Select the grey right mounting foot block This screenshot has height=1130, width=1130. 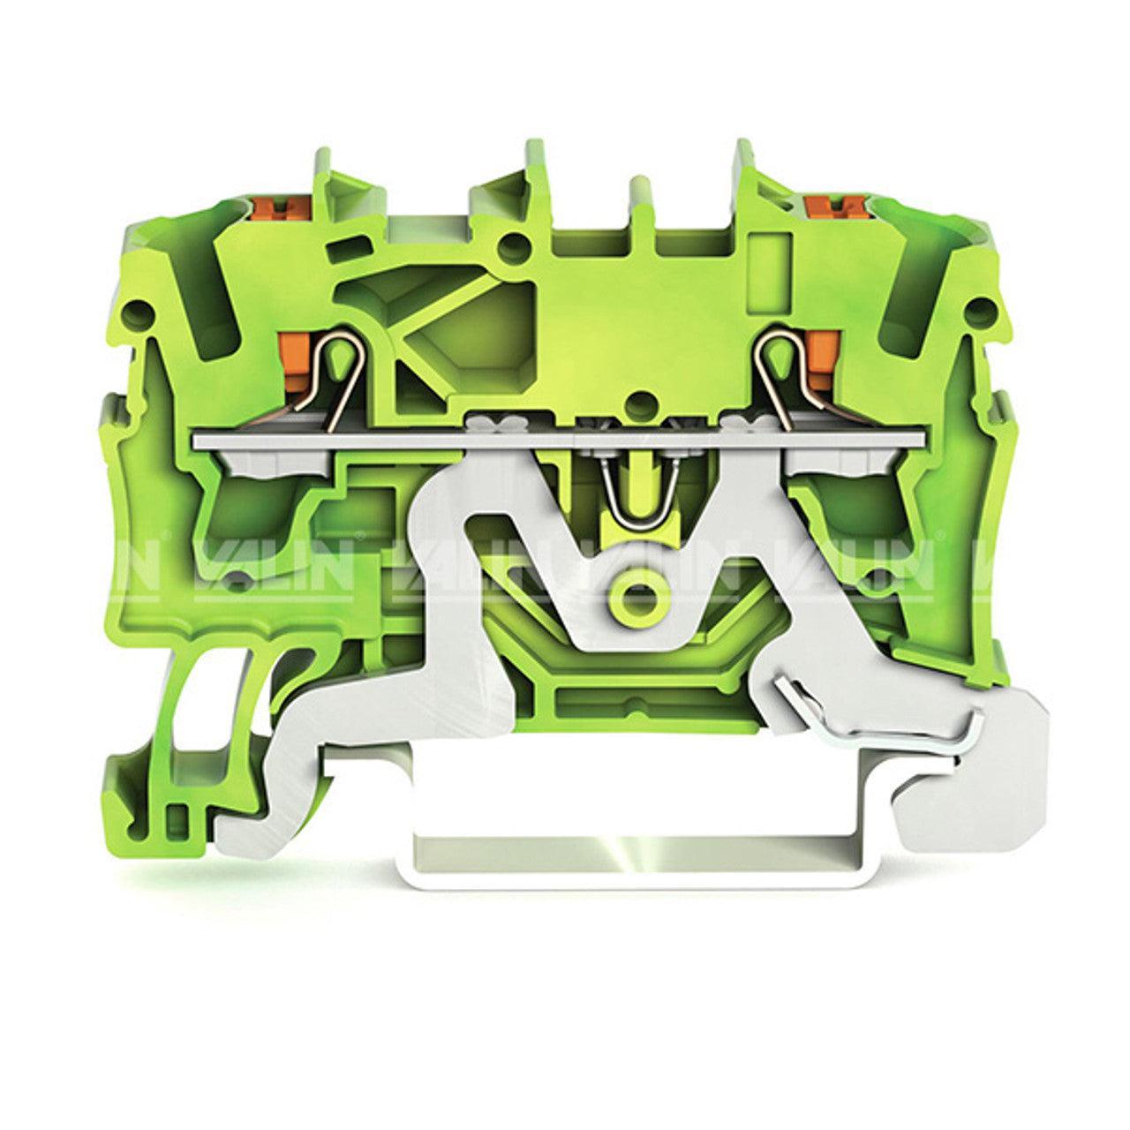click(x=971, y=795)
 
